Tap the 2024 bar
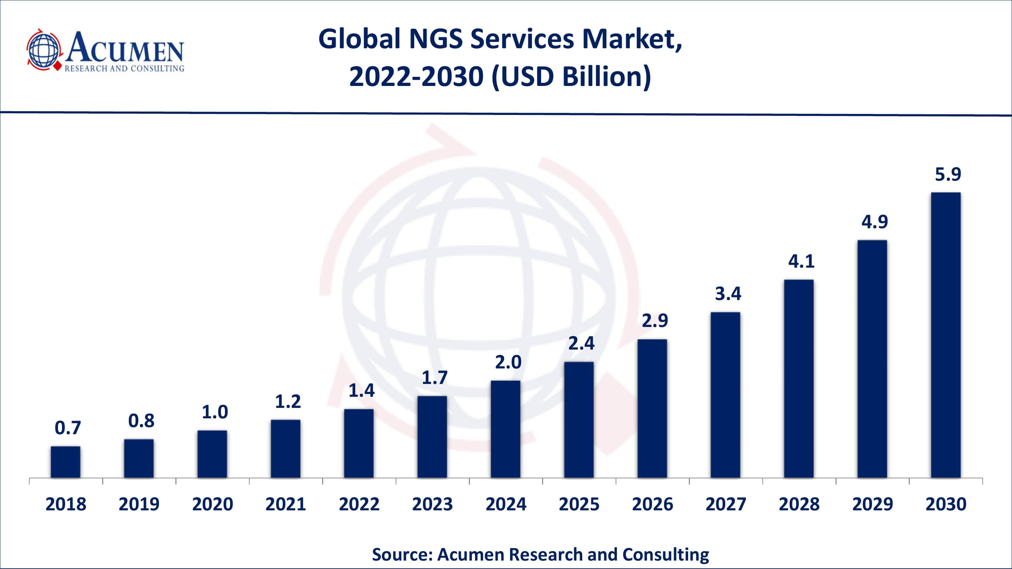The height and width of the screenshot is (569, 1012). (x=506, y=429)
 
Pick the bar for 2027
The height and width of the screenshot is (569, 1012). (x=726, y=395)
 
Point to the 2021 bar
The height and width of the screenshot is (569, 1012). (x=286, y=449)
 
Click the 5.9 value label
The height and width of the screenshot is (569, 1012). (x=948, y=174)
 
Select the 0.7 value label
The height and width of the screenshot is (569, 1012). (x=67, y=428)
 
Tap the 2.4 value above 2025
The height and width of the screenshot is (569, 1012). (x=582, y=343)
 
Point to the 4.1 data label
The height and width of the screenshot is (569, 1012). (x=802, y=262)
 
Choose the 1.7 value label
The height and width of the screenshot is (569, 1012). (x=434, y=378)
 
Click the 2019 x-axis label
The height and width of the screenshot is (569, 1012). (x=139, y=504)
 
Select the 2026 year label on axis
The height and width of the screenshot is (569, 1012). (x=652, y=504)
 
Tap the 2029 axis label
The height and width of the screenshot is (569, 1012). (x=873, y=504)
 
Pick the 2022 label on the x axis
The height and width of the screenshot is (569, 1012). (x=359, y=504)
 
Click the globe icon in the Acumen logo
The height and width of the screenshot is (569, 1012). (x=44, y=50)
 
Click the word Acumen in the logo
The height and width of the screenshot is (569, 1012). (x=125, y=48)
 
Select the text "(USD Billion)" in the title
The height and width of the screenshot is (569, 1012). (x=571, y=77)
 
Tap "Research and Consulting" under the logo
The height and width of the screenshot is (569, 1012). (x=124, y=69)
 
